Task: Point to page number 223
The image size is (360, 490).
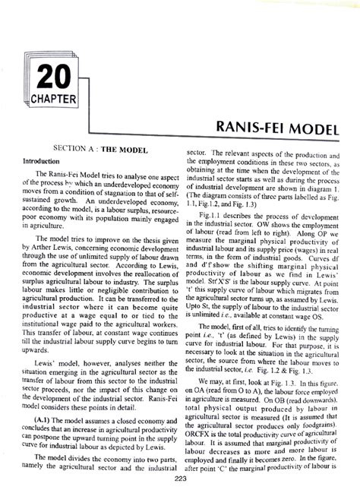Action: click(x=180, y=478)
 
